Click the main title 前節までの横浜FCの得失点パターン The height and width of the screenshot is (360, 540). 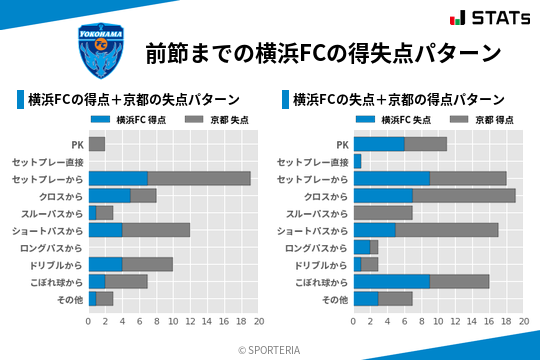click(x=322, y=52)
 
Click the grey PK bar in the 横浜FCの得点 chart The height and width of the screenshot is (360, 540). click(x=97, y=144)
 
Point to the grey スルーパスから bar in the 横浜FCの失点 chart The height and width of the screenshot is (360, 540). click(x=383, y=213)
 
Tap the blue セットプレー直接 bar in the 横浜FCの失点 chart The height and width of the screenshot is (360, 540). click(x=358, y=161)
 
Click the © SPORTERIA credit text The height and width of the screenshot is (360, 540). click(x=270, y=349)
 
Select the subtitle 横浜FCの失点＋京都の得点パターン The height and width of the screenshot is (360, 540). click(x=398, y=100)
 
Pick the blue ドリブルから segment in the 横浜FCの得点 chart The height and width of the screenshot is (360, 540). click(x=105, y=264)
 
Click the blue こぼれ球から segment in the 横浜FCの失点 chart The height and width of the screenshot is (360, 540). click(x=392, y=281)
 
